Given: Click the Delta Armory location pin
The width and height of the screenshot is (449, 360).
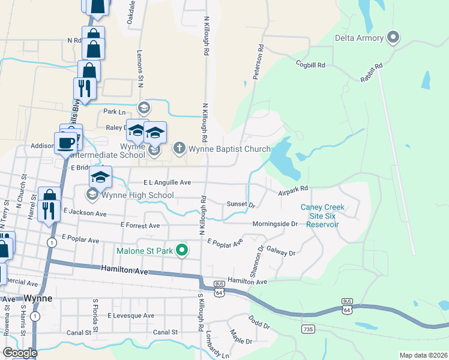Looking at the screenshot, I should (x=393, y=38).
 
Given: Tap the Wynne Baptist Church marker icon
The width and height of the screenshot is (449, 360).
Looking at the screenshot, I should (x=179, y=148).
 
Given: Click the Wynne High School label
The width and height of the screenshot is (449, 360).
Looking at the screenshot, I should (x=137, y=195).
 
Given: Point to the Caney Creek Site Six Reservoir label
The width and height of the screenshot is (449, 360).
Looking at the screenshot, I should (x=322, y=216).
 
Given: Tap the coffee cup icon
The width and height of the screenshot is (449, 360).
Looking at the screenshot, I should (x=65, y=143).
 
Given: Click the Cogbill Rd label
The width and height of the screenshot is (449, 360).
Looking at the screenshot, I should (x=310, y=64).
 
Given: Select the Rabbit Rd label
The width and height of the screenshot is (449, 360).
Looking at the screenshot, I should (x=372, y=74).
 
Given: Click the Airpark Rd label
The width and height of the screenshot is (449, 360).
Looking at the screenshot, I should (x=292, y=190).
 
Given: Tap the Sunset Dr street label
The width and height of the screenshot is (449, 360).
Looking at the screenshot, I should (x=241, y=204).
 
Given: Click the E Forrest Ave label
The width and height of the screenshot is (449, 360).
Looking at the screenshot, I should (x=140, y=225).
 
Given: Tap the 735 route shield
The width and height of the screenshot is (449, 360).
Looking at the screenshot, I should (x=309, y=329).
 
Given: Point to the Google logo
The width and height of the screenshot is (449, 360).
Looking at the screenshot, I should (x=20, y=352).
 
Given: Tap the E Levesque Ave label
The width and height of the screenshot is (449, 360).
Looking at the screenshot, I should (x=130, y=315).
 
